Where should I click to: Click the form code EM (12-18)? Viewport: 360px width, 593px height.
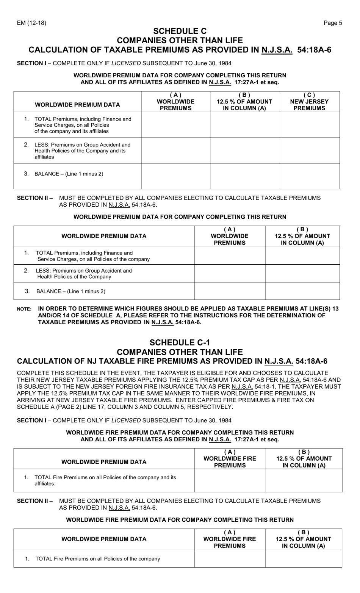coord(31,23)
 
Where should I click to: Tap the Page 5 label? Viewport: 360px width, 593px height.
coord(333,23)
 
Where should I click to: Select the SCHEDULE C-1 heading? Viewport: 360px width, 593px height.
coord(180,342)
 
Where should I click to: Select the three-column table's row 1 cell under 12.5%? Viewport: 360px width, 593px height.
coord(244,125)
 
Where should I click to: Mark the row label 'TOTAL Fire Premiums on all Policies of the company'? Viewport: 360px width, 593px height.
coord(97,558)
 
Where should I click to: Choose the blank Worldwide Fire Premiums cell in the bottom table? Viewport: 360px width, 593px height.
coord(229,558)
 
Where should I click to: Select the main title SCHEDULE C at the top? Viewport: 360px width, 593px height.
coord(180,31)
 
